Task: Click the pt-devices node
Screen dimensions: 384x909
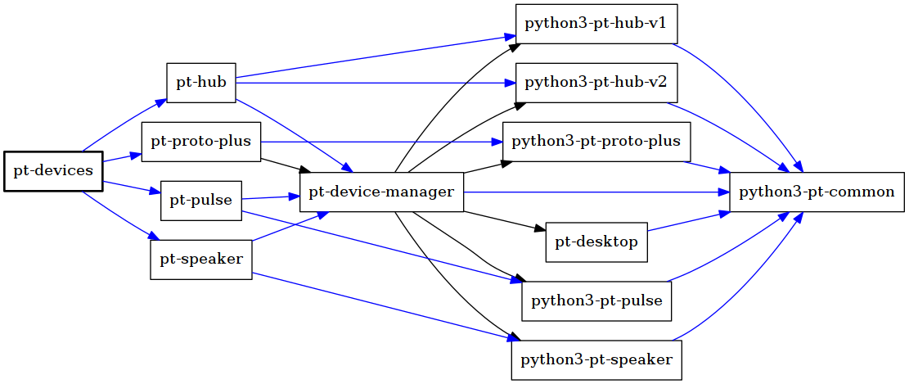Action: tap(53, 171)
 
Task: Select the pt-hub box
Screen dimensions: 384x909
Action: tap(201, 83)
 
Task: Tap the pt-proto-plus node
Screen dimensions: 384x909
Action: tap(201, 142)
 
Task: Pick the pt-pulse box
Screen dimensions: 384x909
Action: tap(201, 201)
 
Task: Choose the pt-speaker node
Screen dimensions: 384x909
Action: tap(201, 260)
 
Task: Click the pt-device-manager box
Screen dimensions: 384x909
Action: tap(382, 193)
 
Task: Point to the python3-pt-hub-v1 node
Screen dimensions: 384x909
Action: tap(596, 24)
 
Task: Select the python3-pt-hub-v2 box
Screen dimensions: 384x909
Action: tap(596, 83)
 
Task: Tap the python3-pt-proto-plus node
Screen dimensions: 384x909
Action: tap(596, 142)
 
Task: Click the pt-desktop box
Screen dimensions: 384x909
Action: tap(596, 242)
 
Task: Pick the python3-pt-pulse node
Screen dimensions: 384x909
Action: tap(596, 300)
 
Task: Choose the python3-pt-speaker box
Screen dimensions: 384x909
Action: tap(596, 359)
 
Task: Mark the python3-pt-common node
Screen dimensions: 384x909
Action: tap(817, 192)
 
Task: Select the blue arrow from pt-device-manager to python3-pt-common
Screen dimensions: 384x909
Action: tap(597, 193)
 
